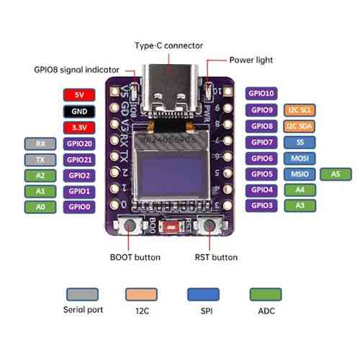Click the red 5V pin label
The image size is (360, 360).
tap(78, 95)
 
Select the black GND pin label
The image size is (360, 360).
tap(78, 111)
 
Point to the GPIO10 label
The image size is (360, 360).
tap(261, 94)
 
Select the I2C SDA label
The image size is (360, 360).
tap(301, 126)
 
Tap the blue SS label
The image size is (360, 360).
tap(301, 142)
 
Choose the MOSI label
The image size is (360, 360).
tap(301, 158)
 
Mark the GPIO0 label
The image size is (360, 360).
tap(78, 206)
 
